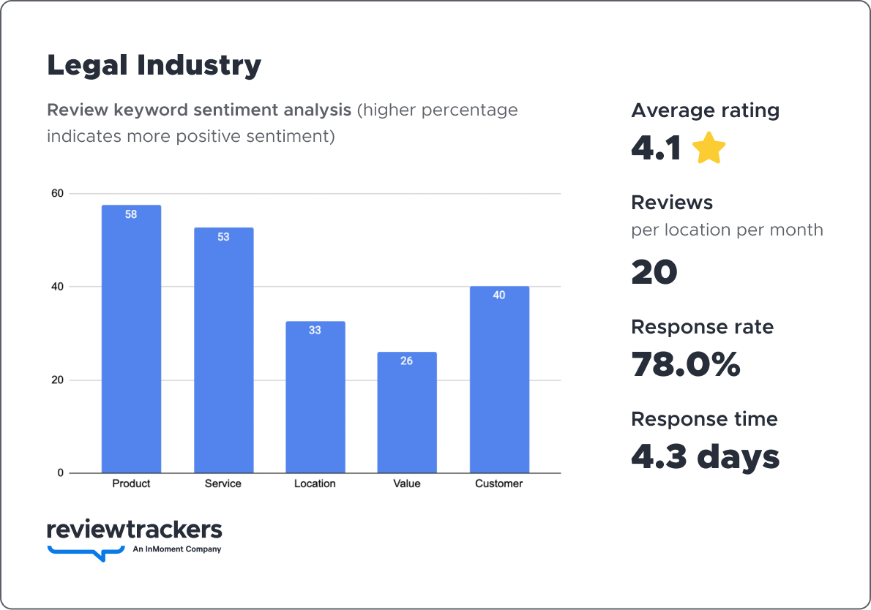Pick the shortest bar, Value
[x=407, y=413]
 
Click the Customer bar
[x=499, y=380]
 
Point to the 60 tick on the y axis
[x=57, y=194]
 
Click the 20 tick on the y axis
[x=57, y=380]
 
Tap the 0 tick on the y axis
[x=61, y=473]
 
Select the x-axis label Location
[x=315, y=483]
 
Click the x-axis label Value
[x=407, y=483]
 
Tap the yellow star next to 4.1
[x=709, y=148]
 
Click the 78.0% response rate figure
[x=686, y=364]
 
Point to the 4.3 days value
[x=706, y=456]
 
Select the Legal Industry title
[x=154, y=65]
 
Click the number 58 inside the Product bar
[x=131, y=215]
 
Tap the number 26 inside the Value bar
[x=407, y=361]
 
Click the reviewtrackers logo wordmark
[x=134, y=530]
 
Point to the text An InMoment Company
[x=176, y=549]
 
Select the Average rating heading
[x=705, y=110]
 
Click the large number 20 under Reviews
[x=654, y=272]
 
